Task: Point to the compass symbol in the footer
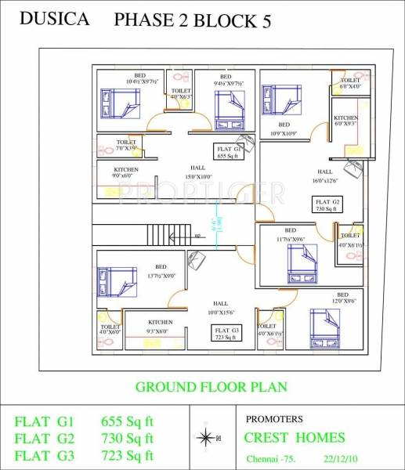click(x=206, y=436)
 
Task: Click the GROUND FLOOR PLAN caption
click(x=211, y=386)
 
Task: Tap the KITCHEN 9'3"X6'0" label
click(x=160, y=327)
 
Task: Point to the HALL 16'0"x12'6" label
click(x=324, y=176)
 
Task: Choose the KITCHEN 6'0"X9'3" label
click(x=345, y=119)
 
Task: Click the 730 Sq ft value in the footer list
click(x=127, y=438)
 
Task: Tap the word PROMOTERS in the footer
click(x=274, y=419)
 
